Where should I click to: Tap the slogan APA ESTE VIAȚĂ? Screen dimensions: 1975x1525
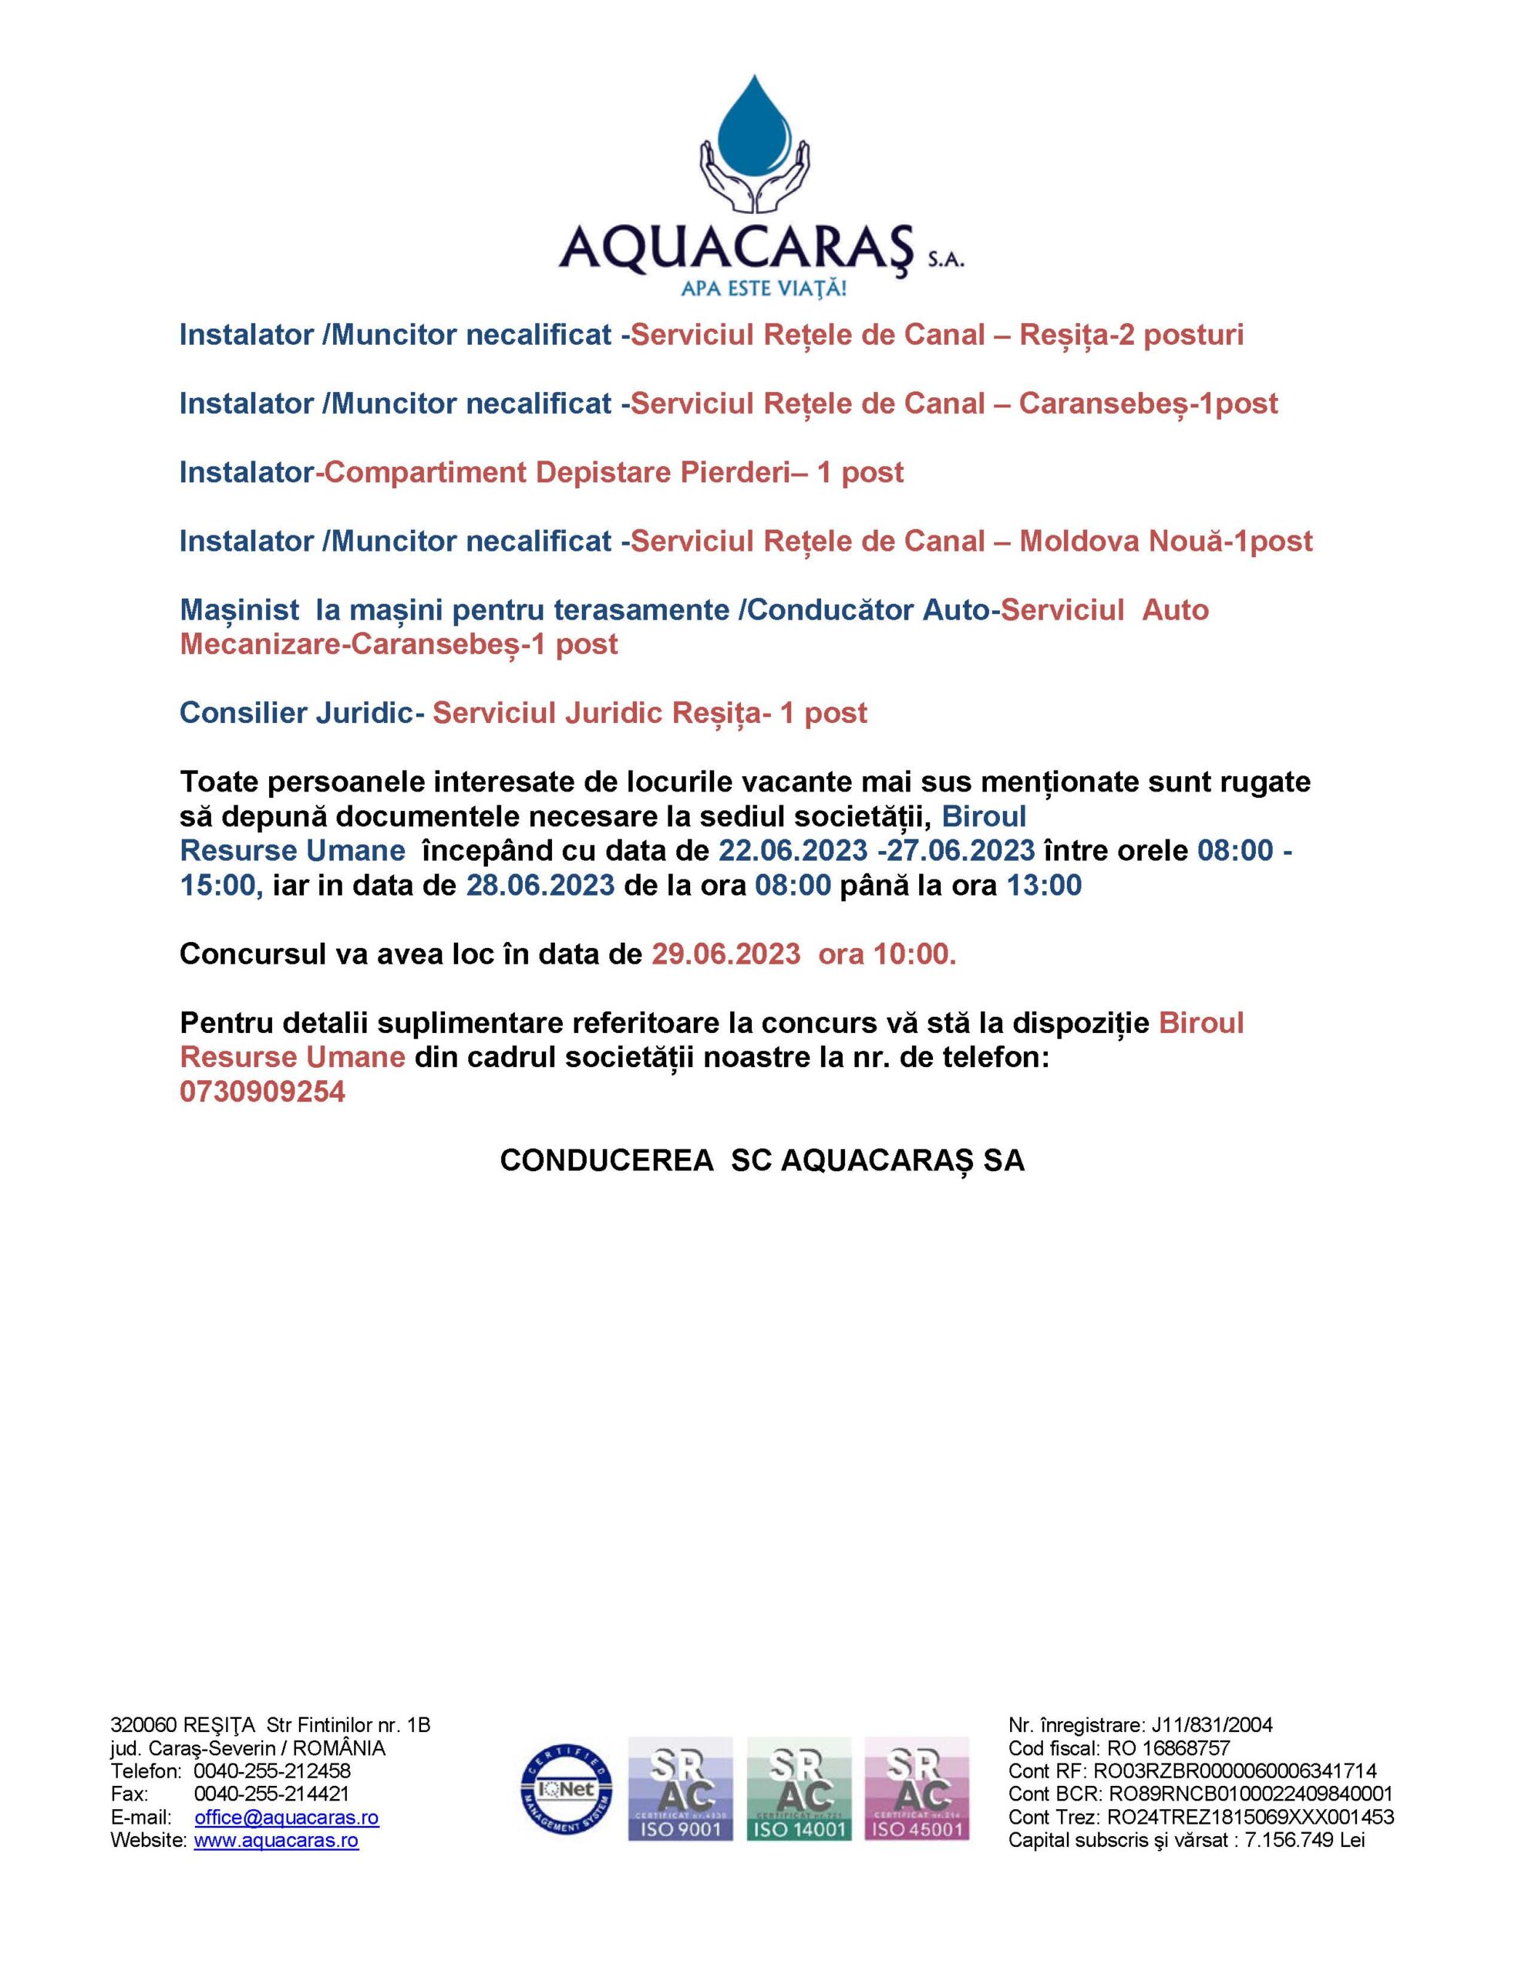click(762, 289)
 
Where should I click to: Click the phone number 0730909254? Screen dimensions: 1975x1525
click(262, 1092)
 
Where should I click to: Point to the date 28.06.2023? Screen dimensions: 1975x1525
click(540, 884)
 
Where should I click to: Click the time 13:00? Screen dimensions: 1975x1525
click(1044, 884)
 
